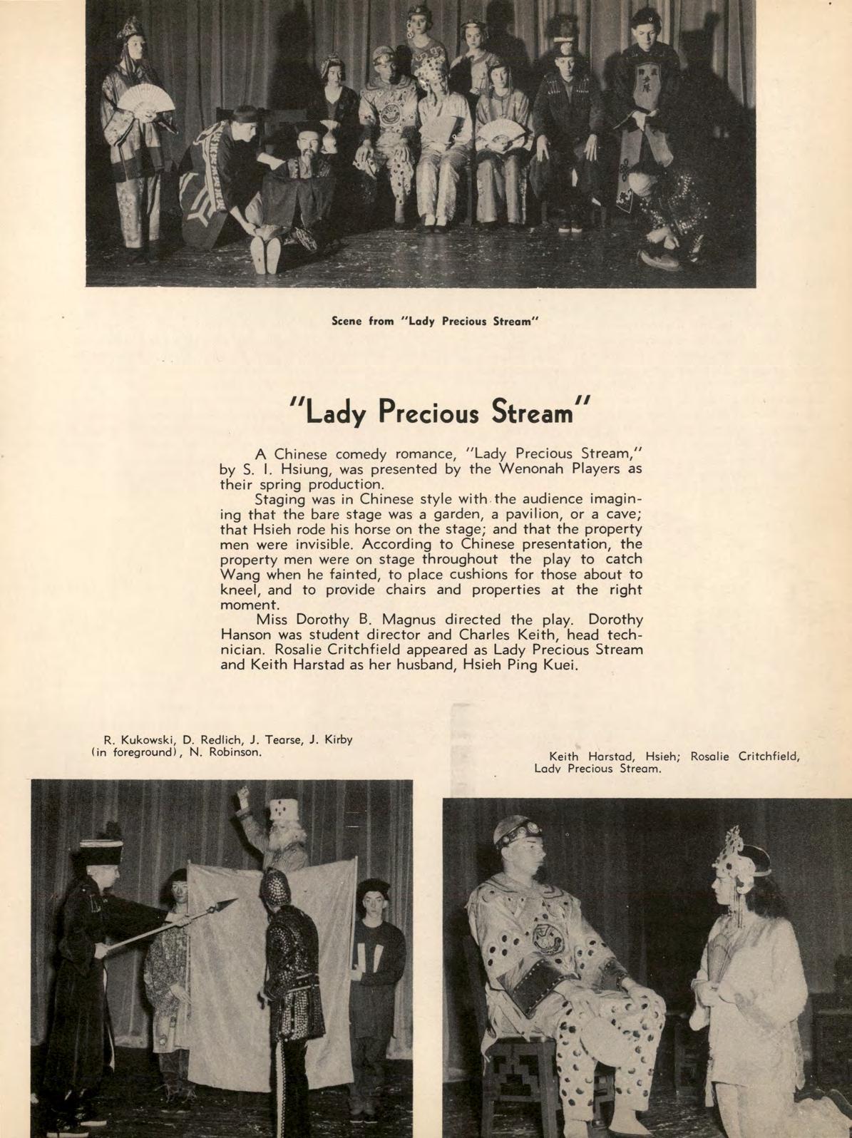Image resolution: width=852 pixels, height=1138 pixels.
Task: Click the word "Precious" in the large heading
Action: [x=428, y=411]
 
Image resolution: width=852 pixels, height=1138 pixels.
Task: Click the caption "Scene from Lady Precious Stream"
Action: [x=433, y=321]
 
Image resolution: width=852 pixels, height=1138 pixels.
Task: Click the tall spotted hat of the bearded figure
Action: [x=282, y=814]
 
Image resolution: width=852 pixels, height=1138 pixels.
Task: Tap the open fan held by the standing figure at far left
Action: [x=146, y=103]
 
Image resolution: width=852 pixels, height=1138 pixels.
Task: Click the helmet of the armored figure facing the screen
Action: [x=276, y=887]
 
